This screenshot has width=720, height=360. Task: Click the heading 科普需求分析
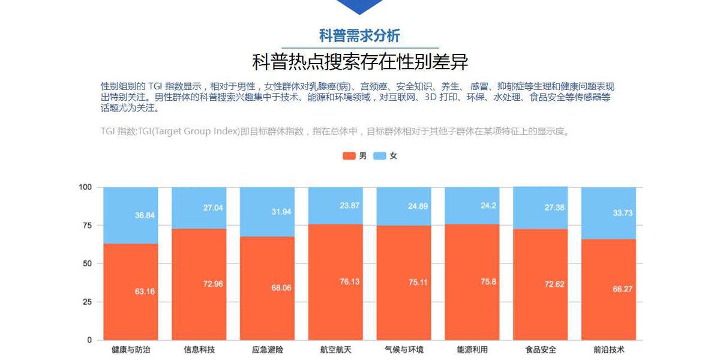(359, 35)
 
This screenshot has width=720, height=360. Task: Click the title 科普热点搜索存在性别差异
(359, 62)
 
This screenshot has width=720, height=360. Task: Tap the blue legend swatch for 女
(380, 156)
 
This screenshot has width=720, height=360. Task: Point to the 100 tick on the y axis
(85, 187)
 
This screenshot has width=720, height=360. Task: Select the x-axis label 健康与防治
(131, 350)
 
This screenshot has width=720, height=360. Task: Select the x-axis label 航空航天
(336, 350)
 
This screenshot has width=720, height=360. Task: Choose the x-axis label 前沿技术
(609, 350)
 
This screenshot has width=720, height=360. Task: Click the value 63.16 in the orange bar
(145, 292)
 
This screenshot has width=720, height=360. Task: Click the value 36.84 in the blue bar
(145, 215)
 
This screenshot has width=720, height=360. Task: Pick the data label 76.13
(349, 281)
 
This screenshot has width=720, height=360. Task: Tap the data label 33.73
(623, 212)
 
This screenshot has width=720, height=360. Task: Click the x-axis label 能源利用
(472, 350)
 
